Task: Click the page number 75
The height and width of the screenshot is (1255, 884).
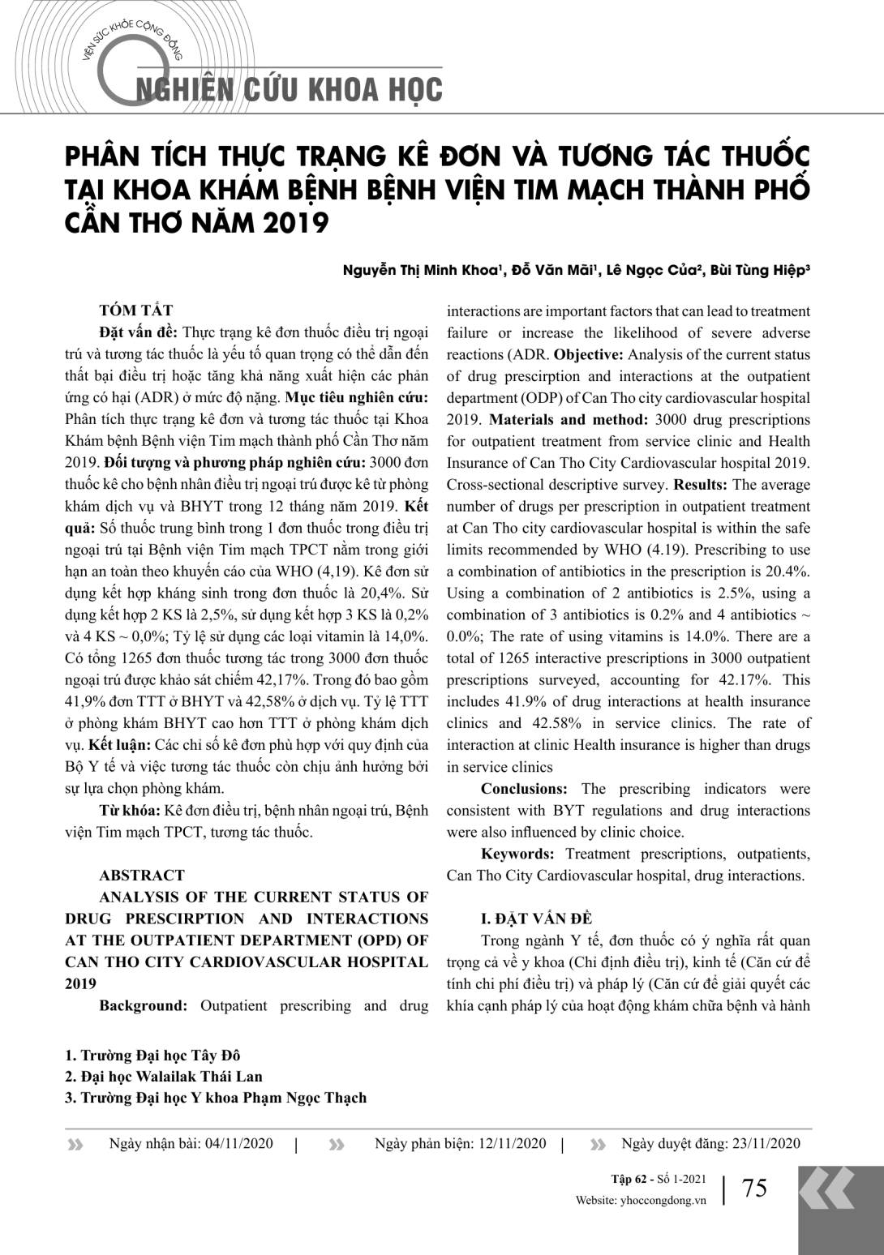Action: point(754,1188)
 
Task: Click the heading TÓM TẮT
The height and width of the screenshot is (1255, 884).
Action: point(135,311)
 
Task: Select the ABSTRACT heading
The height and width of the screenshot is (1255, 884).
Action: point(142,875)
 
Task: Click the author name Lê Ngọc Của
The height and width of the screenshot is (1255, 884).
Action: point(651,271)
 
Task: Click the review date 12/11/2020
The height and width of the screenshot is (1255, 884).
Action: point(513,1143)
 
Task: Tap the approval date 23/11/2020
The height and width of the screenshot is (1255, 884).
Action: point(766,1143)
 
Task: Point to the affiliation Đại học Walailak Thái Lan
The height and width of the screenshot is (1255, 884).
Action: point(171,1077)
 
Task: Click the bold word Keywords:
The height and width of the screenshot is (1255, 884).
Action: point(517,853)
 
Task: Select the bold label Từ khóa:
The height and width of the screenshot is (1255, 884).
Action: point(130,810)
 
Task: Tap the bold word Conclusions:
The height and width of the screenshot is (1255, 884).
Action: point(524,788)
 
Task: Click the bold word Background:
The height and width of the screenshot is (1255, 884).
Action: point(144,1005)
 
